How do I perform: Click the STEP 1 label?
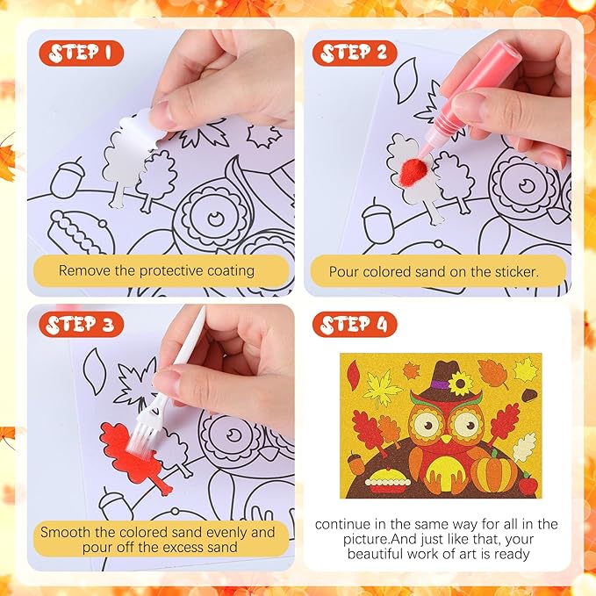pos(81,53)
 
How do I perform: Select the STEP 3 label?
pos(81,325)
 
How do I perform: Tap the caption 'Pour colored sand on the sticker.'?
pos(435,271)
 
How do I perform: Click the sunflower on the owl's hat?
pos(459,383)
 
